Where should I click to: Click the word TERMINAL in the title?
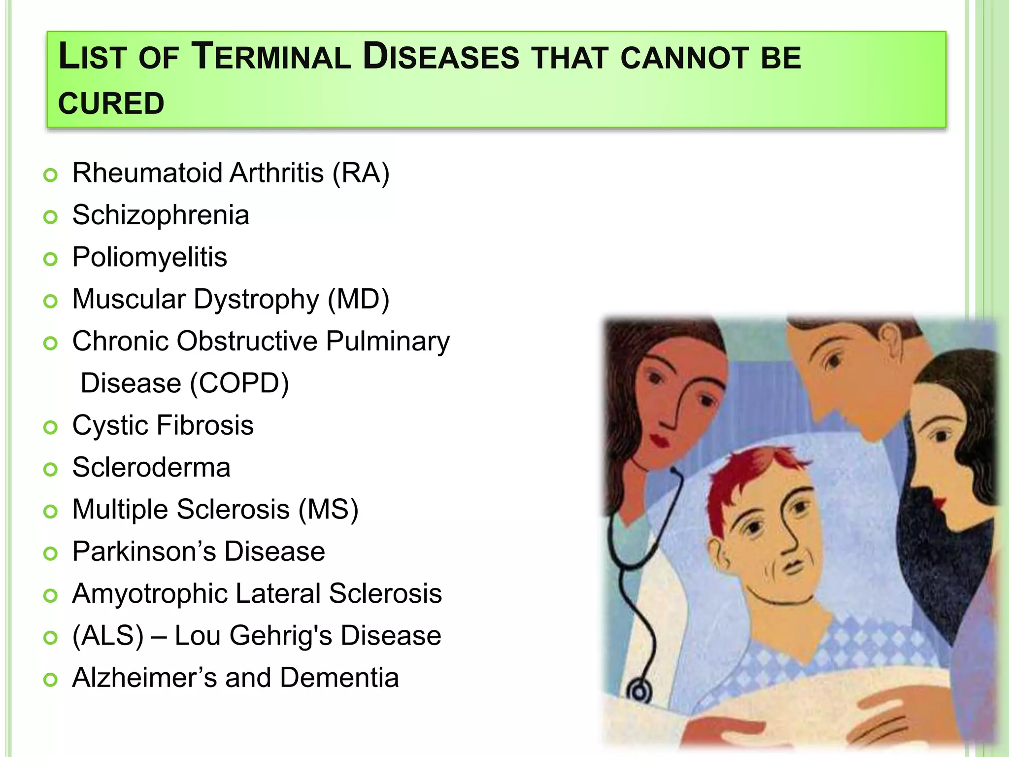pyautogui.click(x=270, y=57)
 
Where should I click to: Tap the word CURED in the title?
pyautogui.click(x=111, y=103)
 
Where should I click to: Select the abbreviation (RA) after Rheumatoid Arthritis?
pyautogui.click(x=361, y=173)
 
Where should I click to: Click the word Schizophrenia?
pyautogui.click(x=161, y=215)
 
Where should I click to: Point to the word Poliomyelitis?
pyautogui.click(x=149, y=257)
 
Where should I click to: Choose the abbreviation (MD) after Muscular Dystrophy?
pyautogui.click(x=358, y=299)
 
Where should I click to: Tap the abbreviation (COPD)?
pyautogui.click(x=239, y=383)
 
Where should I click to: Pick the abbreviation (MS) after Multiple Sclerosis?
pyautogui.click(x=328, y=510)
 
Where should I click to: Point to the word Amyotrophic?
pyautogui.click(x=149, y=594)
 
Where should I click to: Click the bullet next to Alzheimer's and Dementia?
pyautogui.click(x=50, y=680)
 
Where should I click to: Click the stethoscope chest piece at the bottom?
pyautogui.click(x=639, y=692)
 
